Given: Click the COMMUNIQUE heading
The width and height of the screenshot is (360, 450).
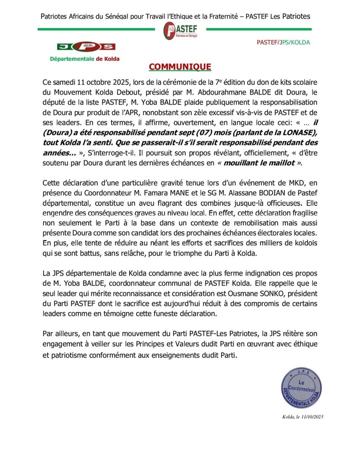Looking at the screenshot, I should tap(179, 67).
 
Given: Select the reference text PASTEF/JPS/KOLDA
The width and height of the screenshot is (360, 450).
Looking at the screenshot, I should tap(283, 42).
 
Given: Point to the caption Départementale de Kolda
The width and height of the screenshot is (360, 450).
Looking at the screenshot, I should tap(84, 59).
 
